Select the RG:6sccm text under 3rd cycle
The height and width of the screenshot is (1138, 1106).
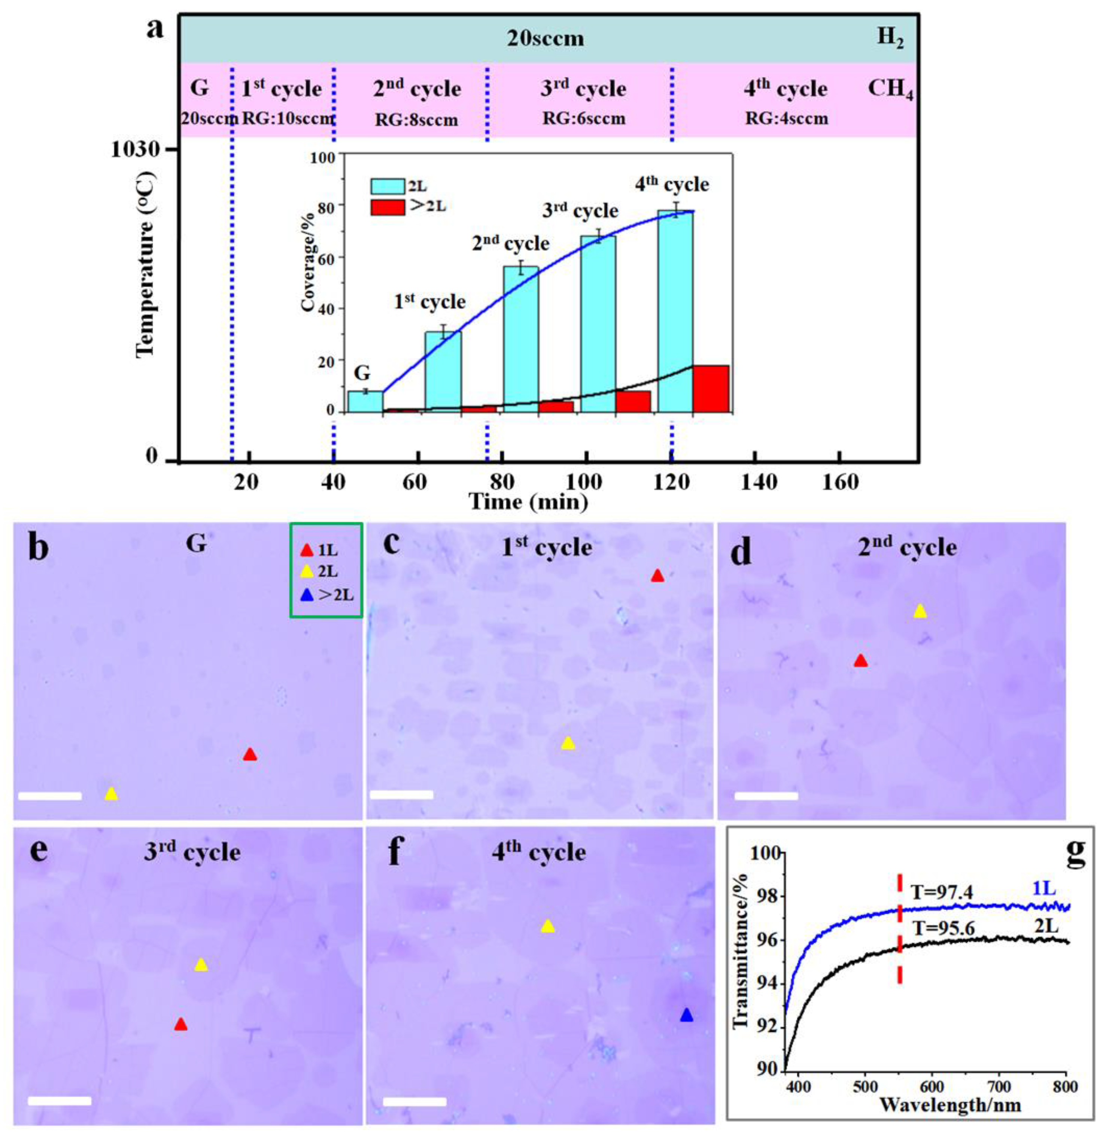pyautogui.click(x=584, y=119)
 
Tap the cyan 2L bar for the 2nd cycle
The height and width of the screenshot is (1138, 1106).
pyautogui.click(x=520, y=339)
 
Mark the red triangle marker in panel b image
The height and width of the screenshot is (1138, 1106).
pyautogui.click(x=250, y=754)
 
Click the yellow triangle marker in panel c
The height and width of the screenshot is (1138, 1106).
pyautogui.click(x=568, y=743)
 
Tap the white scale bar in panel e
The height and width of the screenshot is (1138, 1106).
pyautogui.click(x=59, y=1100)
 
